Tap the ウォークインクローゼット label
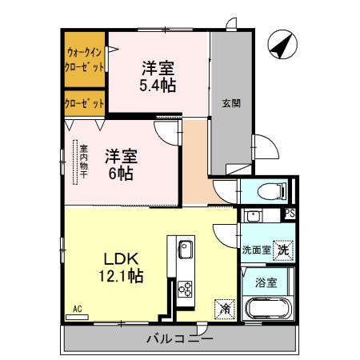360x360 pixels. pyautogui.click(x=85, y=60)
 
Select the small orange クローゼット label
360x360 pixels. pyautogui.click(x=85, y=104)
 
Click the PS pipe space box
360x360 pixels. pyautogui.click(x=290, y=214)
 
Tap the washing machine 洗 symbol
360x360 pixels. pyautogui.click(x=284, y=250)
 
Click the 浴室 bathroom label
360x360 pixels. pyautogui.click(x=266, y=282)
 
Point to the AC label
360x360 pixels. pyautogui.click(x=78, y=308)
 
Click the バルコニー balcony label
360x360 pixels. pyautogui.click(x=179, y=339)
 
